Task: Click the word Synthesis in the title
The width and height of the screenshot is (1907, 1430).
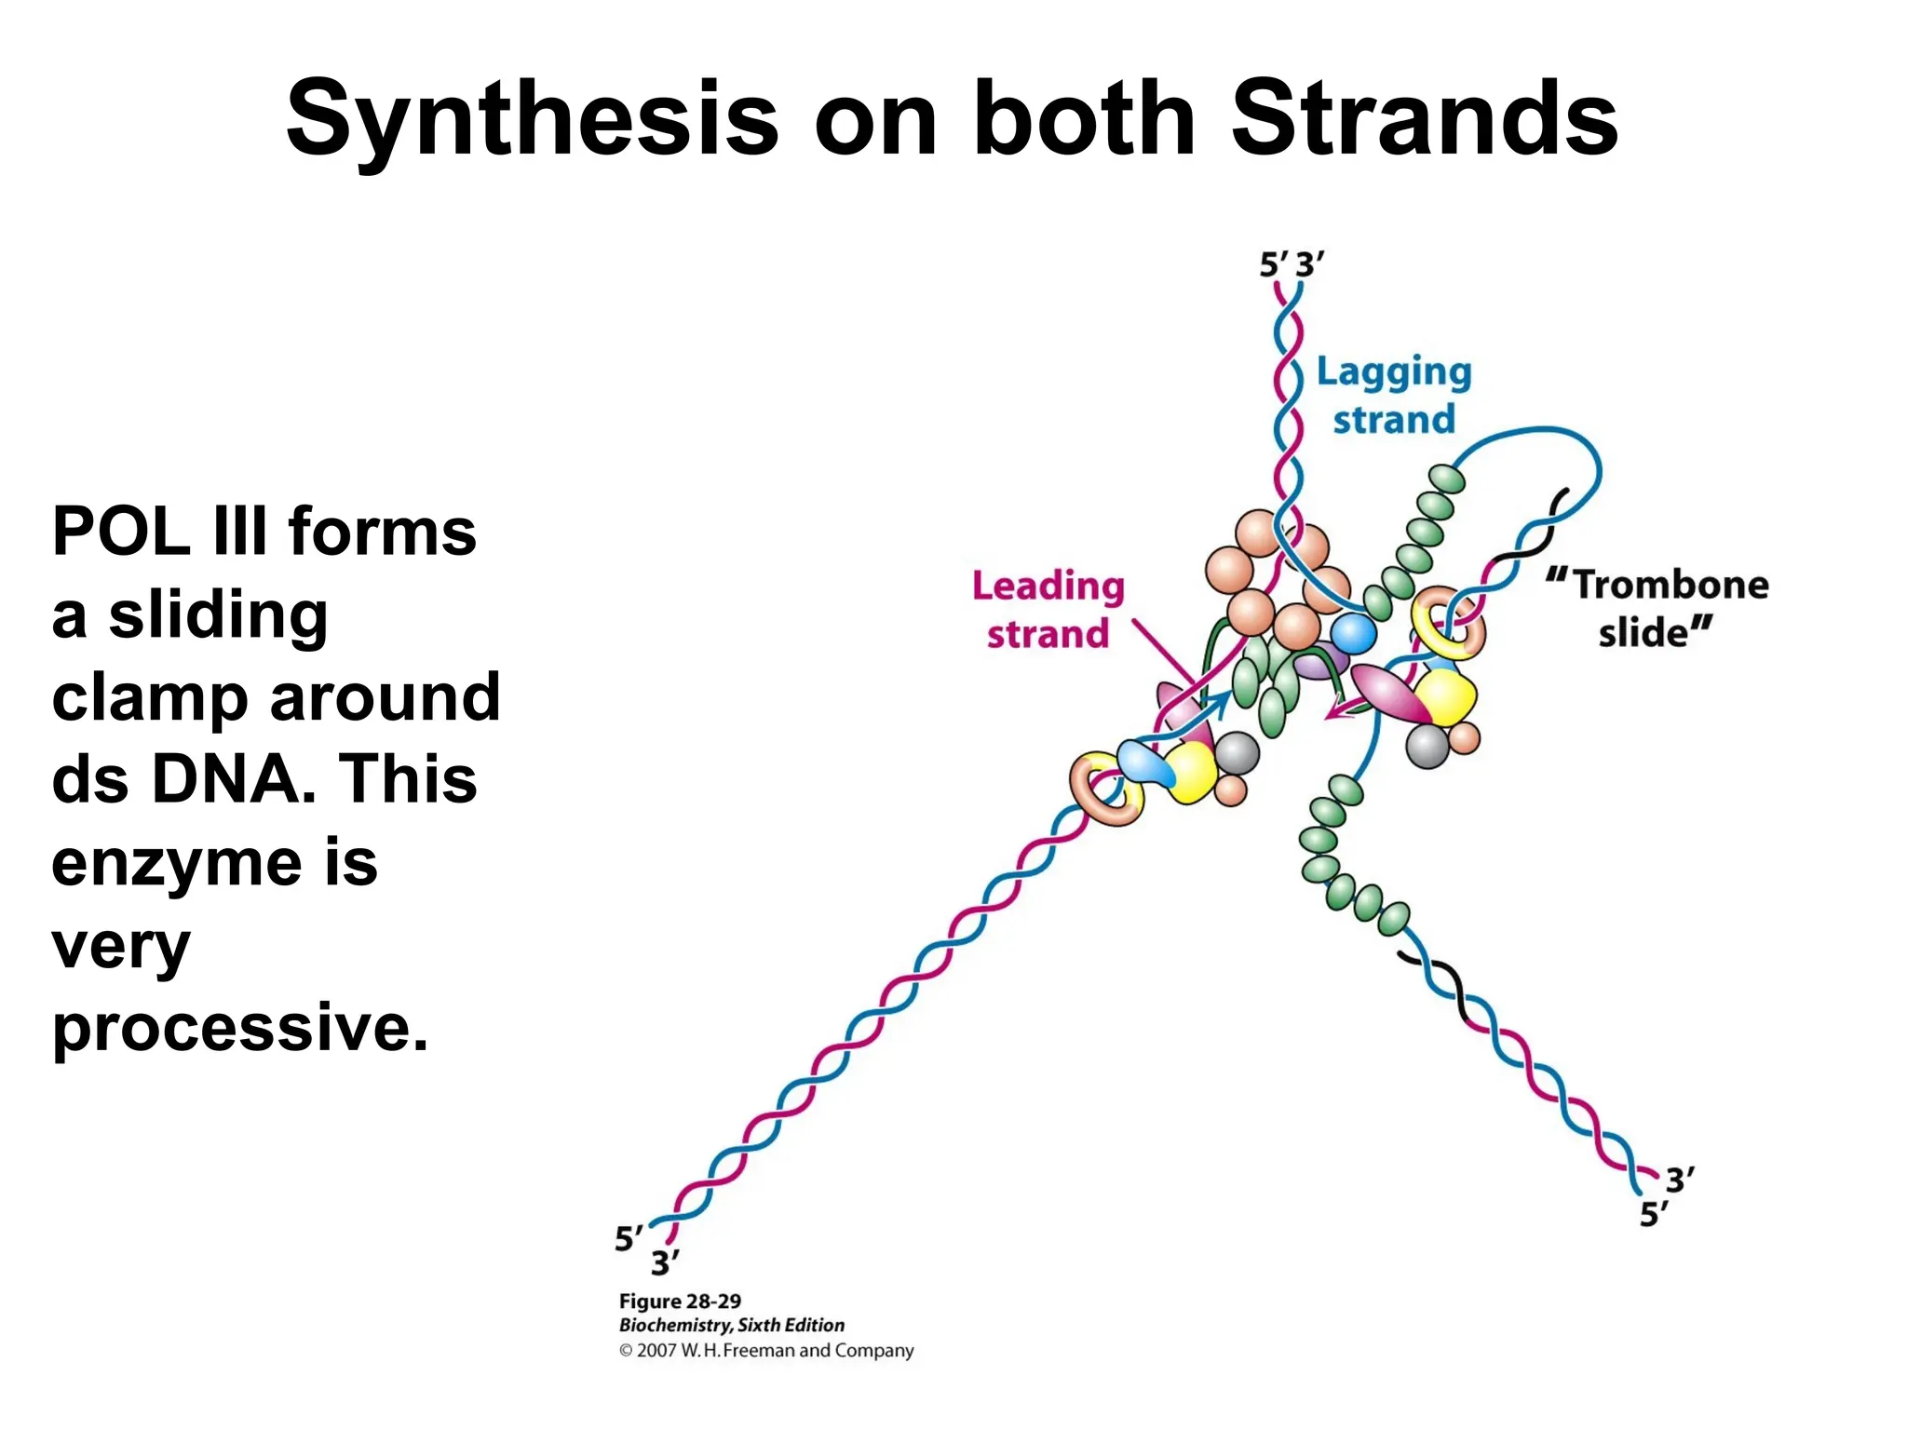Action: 531,119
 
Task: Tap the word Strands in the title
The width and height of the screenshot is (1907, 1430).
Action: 1424,119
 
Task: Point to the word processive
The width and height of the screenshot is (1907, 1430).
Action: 240,1028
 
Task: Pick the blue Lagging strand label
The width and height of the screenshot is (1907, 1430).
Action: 1393,396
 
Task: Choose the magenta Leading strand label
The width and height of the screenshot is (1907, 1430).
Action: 1048,610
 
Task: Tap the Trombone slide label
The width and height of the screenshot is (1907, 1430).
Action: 1657,609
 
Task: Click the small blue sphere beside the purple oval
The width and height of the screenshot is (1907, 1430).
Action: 1353,634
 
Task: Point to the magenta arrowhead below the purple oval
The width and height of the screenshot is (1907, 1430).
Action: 1335,712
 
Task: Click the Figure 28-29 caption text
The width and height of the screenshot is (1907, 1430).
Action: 680,1301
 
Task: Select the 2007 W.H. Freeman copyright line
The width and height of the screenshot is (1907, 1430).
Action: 766,1350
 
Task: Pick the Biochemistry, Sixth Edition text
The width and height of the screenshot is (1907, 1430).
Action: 732,1325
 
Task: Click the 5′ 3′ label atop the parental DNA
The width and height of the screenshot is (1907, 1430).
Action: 1292,265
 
